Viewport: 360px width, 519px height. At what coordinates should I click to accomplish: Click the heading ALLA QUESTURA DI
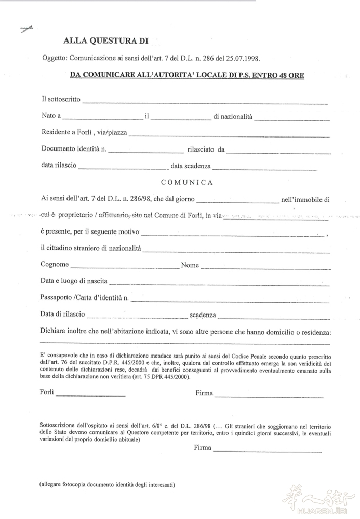tap(106, 40)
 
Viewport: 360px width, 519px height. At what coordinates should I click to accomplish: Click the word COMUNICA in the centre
tap(186, 182)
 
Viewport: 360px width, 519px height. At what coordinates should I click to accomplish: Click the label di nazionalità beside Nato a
tap(233, 117)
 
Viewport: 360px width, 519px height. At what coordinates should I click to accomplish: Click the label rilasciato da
tap(206, 150)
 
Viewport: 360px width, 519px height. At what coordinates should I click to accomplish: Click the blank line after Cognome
tap(124, 267)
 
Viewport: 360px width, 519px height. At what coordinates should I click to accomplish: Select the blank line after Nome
tap(265, 267)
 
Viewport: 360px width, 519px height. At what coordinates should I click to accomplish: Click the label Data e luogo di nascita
tap(74, 281)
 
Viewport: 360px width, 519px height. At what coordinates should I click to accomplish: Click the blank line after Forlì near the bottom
tap(90, 395)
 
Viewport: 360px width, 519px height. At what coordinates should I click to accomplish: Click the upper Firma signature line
tap(269, 396)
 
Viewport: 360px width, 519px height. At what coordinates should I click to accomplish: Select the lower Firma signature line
tap(267, 450)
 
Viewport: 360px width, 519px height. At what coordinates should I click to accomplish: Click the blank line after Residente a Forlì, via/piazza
tap(229, 135)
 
